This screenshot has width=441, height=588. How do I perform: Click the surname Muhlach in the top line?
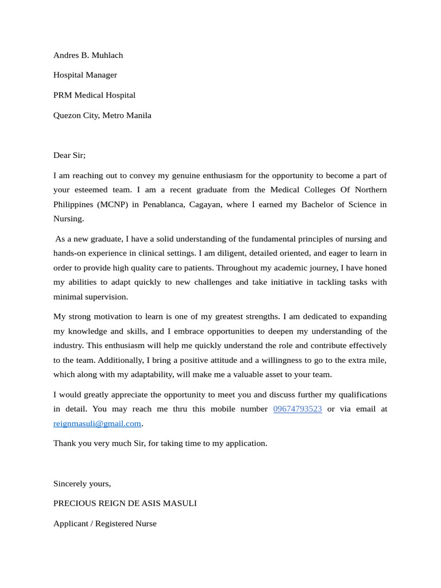pos(107,55)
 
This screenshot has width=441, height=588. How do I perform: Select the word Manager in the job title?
pos(102,75)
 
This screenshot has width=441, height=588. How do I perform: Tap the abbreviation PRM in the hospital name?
pos(63,95)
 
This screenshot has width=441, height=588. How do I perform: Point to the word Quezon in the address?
pos(67,115)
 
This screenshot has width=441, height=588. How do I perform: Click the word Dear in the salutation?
pos(62,155)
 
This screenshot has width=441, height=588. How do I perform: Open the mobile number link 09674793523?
pos(297,409)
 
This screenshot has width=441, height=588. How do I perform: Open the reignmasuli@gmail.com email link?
pos(97,423)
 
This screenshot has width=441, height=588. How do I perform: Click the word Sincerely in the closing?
pos(71,483)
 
